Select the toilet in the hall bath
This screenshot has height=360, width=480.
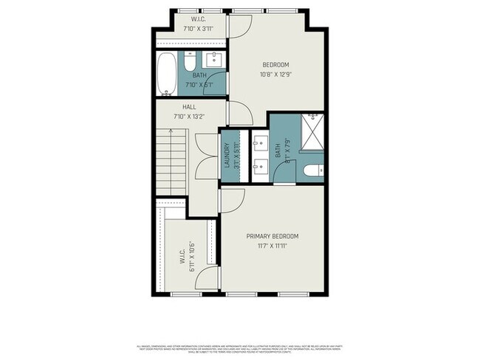click(x=190, y=57)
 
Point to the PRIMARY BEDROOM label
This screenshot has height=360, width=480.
click(x=272, y=236)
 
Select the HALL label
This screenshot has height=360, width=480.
click(x=179, y=107)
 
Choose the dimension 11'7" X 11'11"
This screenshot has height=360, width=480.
click(x=272, y=246)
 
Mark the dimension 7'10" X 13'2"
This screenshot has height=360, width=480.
click(x=188, y=116)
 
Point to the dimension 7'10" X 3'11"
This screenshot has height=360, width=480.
click(x=198, y=28)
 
